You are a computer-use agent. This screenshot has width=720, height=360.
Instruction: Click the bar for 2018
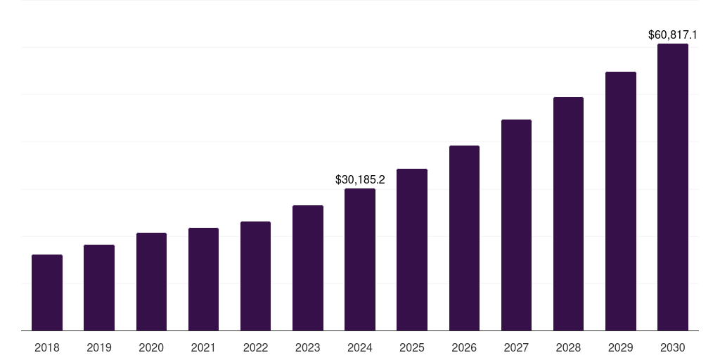pos(47,292)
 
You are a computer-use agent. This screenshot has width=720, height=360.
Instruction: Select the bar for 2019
pos(99,288)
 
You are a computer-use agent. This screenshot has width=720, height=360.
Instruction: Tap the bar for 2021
pos(203,279)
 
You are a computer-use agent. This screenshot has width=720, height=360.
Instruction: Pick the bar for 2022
pos(255,276)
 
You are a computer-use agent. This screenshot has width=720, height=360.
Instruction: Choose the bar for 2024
pos(360,259)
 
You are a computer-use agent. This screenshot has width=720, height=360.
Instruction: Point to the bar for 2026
pos(464,238)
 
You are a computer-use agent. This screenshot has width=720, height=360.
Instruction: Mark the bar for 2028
pos(568,214)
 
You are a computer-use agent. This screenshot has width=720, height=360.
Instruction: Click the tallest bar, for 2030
pos(673,187)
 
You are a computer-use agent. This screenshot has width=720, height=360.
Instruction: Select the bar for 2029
pos(621,201)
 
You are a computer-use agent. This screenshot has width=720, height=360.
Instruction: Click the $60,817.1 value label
pos(673,34)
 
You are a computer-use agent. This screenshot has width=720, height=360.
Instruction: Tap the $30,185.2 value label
pos(360,180)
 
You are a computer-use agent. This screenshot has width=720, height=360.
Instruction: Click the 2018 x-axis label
pos(47,347)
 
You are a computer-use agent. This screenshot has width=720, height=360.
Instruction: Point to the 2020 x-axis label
pos(151,347)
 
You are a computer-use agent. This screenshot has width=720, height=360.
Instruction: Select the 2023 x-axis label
pos(308,347)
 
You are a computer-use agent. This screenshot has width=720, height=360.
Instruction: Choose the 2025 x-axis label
pos(412,347)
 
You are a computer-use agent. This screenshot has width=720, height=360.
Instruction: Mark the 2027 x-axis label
pos(516,347)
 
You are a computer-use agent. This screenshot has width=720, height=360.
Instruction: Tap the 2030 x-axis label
pos(673,347)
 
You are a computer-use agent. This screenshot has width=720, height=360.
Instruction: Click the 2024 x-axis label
pos(360,347)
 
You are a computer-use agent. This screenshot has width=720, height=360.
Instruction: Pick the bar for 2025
pos(412,250)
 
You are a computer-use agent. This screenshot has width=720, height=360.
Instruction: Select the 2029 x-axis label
pos(621,347)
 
